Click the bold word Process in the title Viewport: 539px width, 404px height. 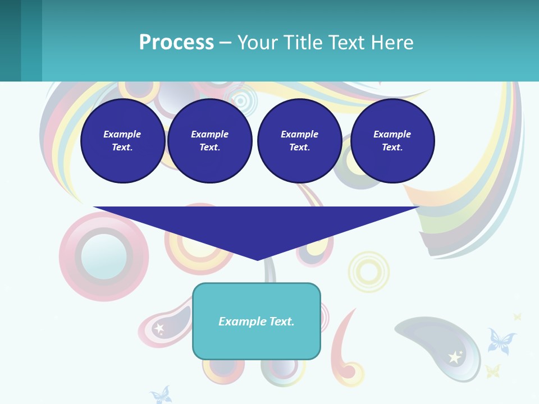pos(176,43)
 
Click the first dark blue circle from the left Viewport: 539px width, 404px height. pos(122,141)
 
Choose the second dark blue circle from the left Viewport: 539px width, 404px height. pos(209,141)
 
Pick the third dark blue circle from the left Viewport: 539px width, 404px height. pos(299,141)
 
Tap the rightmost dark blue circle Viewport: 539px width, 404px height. pos(392,141)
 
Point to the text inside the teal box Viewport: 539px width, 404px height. pos(257,322)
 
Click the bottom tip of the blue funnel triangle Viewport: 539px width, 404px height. pos(257,258)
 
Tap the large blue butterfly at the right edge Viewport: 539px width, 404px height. pos(501,342)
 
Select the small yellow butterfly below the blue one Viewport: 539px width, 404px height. pos(492,370)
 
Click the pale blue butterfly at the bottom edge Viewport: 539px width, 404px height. pos(161,394)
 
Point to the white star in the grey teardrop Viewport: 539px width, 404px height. pos(454,357)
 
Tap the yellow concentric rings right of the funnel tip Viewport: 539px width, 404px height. pos(368,272)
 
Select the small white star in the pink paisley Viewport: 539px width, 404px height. pos(159,328)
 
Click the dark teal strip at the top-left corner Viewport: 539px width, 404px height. pos(10,40)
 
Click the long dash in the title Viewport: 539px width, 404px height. pos(225,43)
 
